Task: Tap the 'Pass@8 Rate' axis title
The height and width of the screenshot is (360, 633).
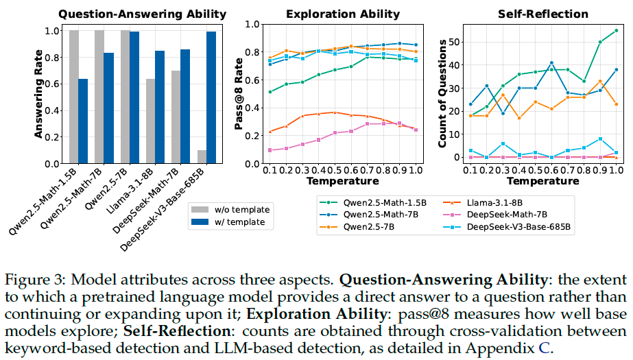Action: (x=239, y=94)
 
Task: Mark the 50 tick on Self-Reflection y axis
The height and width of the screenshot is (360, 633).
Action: (x=453, y=42)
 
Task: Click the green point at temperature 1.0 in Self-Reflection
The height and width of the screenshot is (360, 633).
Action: (x=617, y=30)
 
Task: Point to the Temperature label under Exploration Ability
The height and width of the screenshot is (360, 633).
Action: (x=343, y=181)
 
